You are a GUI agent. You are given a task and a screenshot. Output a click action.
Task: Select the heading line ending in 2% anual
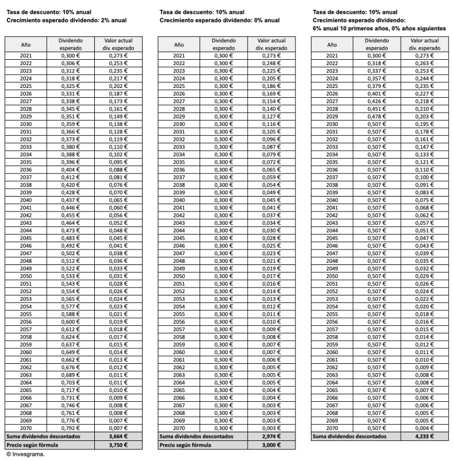tap(66, 20)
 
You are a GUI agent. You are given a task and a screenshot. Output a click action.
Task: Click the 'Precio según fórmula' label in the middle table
tap(183, 445)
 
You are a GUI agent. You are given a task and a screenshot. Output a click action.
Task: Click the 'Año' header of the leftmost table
tap(26, 44)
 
